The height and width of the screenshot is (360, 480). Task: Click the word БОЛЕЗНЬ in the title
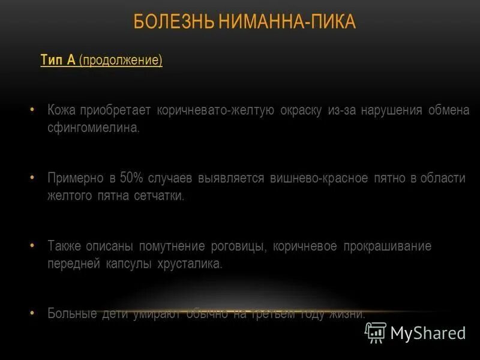(x=172, y=23)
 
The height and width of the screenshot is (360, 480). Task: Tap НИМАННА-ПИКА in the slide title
(x=287, y=23)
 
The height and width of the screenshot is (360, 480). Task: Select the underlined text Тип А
(x=58, y=61)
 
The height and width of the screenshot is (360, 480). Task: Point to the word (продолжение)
(x=120, y=61)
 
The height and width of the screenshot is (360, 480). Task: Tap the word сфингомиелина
(x=94, y=128)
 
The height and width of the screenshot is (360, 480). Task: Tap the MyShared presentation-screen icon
(x=376, y=332)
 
